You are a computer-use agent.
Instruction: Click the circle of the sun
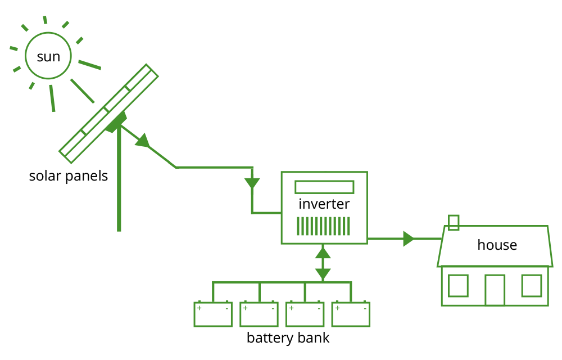tap(48, 56)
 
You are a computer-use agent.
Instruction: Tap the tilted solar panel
tap(108, 114)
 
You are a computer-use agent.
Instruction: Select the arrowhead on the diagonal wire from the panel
tap(143, 141)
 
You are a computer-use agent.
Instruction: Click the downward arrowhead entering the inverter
tap(252, 183)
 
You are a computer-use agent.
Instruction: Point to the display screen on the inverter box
tap(324, 187)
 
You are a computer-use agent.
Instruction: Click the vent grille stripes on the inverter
tap(323, 226)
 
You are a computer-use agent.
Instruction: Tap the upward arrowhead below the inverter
tap(323, 253)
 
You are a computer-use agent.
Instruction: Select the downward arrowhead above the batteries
tap(323, 274)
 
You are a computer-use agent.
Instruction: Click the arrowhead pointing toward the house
tap(408, 238)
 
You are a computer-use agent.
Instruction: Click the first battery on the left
tap(213, 314)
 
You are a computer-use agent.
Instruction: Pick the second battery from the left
tap(259, 314)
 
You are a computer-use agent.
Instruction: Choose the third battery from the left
tap(305, 314)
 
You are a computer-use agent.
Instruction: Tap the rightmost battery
tap(351, 314)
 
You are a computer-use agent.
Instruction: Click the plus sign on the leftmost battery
tap(200, 308)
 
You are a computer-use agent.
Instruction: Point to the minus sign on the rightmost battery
tap(365, 308)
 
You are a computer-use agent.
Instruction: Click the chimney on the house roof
tap(454, 222)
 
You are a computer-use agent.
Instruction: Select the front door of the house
tap(495, 290)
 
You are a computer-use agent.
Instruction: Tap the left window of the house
tap(458, 286)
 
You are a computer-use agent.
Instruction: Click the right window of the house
tap(532, 286)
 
